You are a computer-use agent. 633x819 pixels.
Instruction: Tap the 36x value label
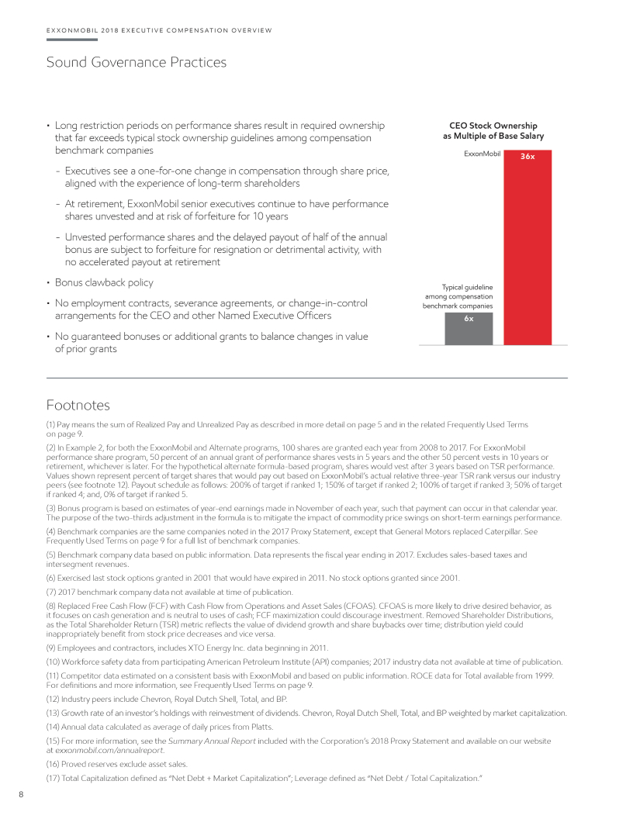tap(527, 156)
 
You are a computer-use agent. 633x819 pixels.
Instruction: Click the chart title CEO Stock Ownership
tap(494, 126)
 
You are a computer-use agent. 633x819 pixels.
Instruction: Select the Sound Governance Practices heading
tap(137, 62)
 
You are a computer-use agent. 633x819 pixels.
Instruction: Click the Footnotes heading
tap(78, 405)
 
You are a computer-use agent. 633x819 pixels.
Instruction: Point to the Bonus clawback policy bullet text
tap(104, 282)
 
